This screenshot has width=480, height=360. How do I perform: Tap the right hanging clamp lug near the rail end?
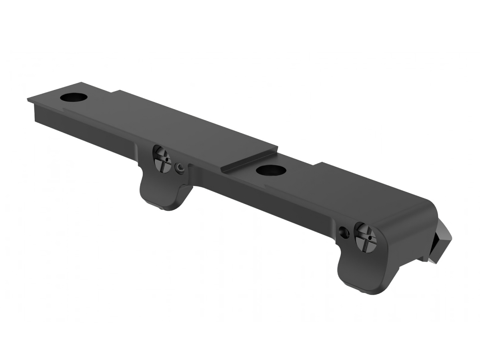(362, 272)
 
